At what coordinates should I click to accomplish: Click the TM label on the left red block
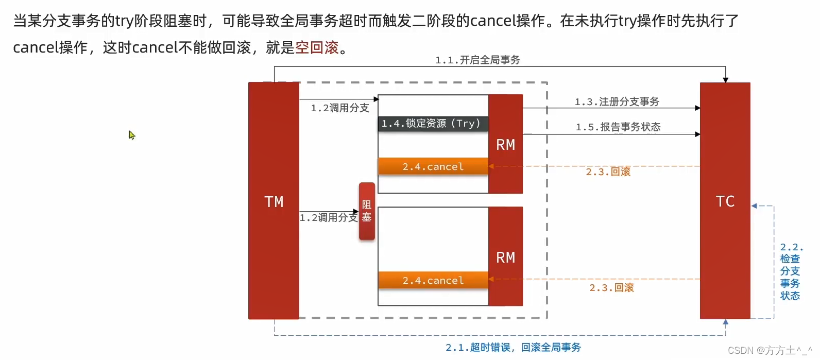pyautogui.click(x=274, y=202)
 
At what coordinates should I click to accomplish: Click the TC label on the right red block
pyautogui.click(x=725, y=201)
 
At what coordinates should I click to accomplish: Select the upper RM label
pyautogui.click(x=505, y=145)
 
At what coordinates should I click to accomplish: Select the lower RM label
pyautogui.click(x=505, y=258)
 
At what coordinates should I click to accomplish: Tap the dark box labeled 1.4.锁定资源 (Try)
pyautogui.click(x=433, y=124)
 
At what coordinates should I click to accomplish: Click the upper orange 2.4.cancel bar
pyautogui.click(x=433, y=166)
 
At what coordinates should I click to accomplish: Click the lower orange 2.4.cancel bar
pyautogui.click(x=433, y=280)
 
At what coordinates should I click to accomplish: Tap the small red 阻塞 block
pyautogui.click(x=367, y=211)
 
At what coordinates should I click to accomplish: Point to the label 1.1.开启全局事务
pyautogui.click(x=477, y=60)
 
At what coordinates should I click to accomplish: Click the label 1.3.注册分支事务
pyautogui.click(x=617, y=101)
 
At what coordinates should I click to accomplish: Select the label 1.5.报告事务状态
pyautogui.click(x=618, y=127)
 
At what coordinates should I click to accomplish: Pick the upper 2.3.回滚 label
pyautogui.click(x=608, y=172)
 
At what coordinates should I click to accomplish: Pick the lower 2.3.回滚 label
pyautogui.click(x=611, y=287)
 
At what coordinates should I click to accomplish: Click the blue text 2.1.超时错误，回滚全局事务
pyautogui.click(x=513, y=348)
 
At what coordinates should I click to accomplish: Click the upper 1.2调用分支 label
pyautogui.click(x=340, y=108)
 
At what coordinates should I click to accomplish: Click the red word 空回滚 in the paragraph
pyautogui.click(x=317, y=47)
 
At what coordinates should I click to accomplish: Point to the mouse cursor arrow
pyautogui.click(x=131, y=134)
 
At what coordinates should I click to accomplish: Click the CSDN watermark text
pyautogui.click(x=770, y=350)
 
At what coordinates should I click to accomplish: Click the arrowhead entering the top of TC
pyautogui.click(x=725, y=80)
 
